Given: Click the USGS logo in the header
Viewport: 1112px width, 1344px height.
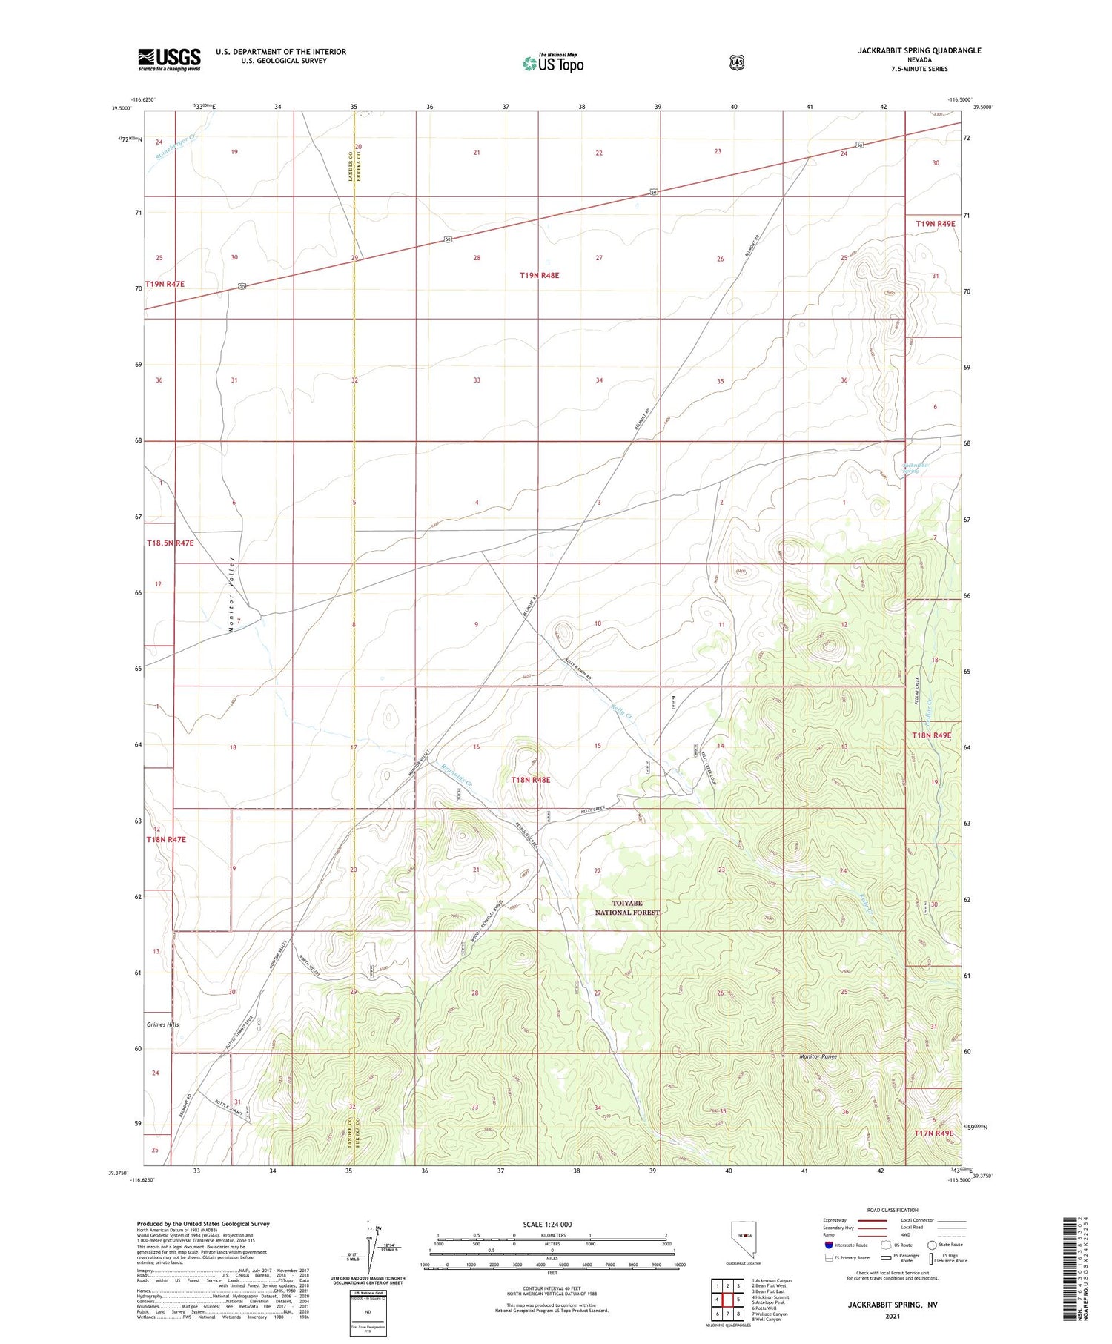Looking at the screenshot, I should pos(169,59).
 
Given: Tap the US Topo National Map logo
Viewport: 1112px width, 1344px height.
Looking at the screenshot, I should pos(552,63).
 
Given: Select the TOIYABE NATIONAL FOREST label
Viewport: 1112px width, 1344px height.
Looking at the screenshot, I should pos(627,908).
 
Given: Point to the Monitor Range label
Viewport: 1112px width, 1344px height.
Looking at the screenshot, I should pos(818,1056).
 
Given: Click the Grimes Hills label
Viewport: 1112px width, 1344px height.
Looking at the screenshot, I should pos(162,1024).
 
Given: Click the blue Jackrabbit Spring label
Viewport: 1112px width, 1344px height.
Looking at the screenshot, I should pos(914,468).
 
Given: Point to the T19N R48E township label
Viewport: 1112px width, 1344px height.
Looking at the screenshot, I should pos(539,275).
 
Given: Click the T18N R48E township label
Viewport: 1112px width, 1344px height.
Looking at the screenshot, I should pos(531,780).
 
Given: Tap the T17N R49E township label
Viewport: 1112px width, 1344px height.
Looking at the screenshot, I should pos(933,1133).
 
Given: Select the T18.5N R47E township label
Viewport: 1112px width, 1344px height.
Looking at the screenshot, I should pos(170,543).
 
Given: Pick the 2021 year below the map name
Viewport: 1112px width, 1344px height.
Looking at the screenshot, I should pos(893,1316).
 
